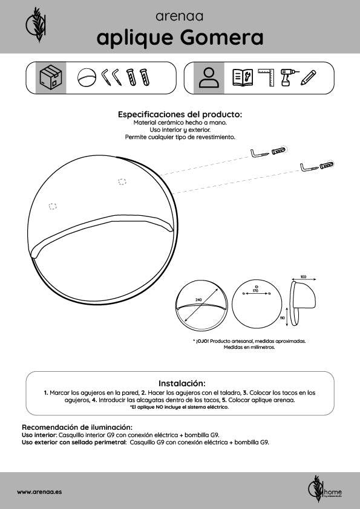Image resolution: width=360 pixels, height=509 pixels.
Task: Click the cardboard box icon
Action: (50, 78)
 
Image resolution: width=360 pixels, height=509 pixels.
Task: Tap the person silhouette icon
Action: (209, 77)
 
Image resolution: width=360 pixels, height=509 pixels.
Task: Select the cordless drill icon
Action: (287, 77)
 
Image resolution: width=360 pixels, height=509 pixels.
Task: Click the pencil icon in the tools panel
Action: (308, 77)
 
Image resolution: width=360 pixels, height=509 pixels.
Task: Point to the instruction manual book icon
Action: (243, 77)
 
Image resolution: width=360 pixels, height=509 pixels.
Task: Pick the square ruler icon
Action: (266, 77)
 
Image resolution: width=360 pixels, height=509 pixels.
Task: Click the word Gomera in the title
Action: (221, 37)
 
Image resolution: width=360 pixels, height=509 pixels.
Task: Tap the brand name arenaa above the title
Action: (179, 16)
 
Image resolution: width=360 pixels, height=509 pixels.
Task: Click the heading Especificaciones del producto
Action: (180, 114)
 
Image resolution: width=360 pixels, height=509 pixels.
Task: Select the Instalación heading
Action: (182, 383)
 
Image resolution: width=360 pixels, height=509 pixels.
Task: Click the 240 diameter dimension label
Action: (198, 300)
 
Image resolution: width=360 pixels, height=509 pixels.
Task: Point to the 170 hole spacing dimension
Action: (255, 291)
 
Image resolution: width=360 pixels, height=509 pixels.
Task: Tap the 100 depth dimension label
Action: (303, 277)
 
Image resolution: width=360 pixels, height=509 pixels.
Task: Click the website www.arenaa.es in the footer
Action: (39, 491)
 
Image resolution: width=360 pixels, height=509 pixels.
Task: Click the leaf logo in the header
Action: (36, 24)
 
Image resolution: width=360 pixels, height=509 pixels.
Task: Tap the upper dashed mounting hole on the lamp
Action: (122, 182)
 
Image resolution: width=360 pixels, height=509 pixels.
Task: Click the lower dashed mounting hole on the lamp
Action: (53, 206)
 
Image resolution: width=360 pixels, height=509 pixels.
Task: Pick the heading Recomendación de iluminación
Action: (77, 427)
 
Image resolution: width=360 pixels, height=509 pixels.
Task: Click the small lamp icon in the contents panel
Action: (87, 77)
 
